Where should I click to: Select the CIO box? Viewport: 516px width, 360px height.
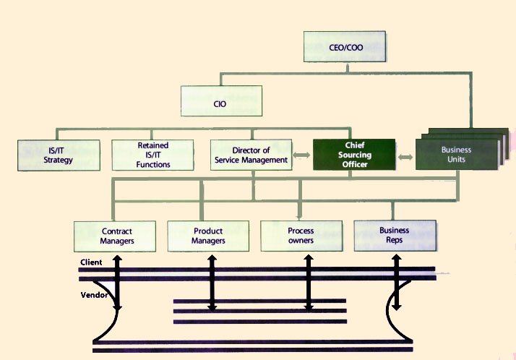220,103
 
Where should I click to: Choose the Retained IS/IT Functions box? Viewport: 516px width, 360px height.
153,155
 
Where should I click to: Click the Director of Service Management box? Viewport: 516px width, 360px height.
251,155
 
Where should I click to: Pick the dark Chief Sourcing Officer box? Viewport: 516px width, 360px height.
353,155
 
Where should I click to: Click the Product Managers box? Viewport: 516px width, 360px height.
208,236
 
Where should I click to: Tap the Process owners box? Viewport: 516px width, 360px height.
301,236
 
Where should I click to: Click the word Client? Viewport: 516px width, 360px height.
91,262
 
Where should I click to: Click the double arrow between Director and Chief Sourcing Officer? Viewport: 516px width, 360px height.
303,156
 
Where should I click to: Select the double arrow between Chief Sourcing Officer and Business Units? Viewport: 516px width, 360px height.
405,156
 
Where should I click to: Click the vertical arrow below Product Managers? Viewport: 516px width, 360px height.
211,282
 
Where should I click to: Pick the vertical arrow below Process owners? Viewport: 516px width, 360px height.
308,282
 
